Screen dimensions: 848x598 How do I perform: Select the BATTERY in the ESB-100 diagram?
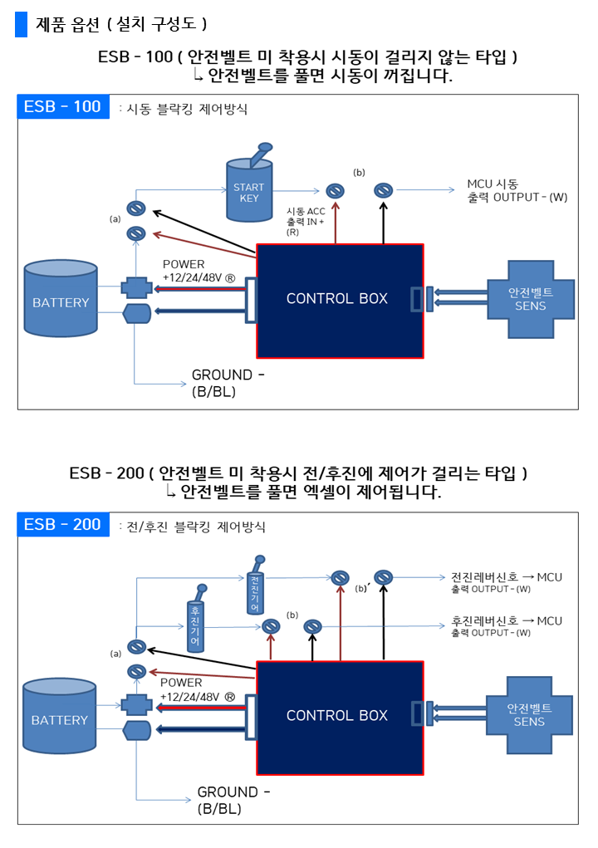click(61, 301)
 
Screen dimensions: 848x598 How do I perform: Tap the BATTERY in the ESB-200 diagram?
click(60, 718)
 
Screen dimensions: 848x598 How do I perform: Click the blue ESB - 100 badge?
click(63, 107)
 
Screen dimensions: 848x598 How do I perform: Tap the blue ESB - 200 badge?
click(63, 525)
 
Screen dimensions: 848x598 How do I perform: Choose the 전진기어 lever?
click(256, 590)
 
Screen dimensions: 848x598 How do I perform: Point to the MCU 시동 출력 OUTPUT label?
click(517, 190)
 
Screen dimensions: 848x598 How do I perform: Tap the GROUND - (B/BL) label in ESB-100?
click(227, 383)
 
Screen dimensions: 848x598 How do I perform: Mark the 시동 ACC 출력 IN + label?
click(305, 221)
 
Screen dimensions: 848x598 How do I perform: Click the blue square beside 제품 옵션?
click(21, 25)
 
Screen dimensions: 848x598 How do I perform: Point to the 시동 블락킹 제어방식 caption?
click(186, 109)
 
